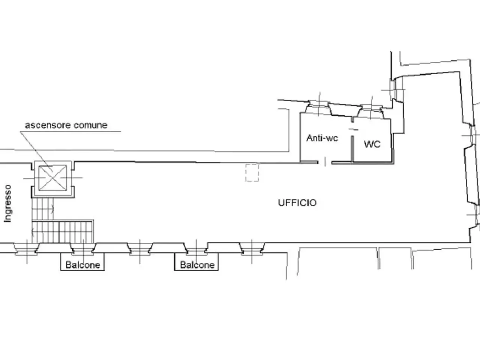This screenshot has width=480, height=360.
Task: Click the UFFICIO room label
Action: [297, 203]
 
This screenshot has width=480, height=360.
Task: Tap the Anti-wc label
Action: [322, 138]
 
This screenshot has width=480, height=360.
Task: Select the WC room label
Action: [372, 144]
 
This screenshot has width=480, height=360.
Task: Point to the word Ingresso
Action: [7, 204]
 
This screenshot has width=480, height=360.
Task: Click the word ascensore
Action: [48, 125]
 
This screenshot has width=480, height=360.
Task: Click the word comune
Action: [90, 125]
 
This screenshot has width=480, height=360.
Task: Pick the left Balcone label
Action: [83, 265]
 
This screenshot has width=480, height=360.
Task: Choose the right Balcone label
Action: [197, 265]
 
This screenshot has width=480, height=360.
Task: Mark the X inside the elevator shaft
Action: [53, 178]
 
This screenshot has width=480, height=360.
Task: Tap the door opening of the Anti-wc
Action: [325, 162]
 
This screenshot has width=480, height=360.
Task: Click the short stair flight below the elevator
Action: [42, 209]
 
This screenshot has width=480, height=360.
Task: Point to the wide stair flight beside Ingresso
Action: [63, 232]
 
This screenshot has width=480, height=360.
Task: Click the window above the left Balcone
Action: [83, 249]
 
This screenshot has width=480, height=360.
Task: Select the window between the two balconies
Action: [140, 249]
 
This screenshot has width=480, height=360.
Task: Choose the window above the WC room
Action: [371, 111]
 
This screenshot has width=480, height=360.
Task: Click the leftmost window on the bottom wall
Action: [27, 249]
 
